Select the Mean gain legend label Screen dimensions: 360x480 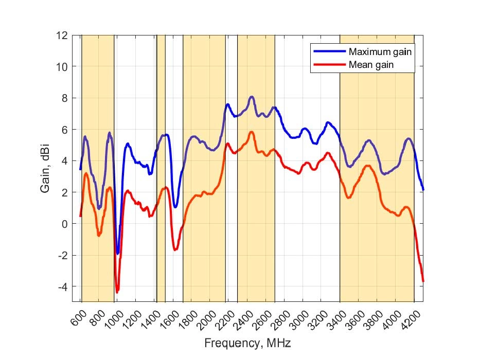click(374, 65)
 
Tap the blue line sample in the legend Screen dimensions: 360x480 click(328, 52)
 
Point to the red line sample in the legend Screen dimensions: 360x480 click(328, 65)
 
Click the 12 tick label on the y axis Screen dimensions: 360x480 click(63, 35)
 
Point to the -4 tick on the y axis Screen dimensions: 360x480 click(63, 286)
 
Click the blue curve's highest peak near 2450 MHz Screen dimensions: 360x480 click(252, 97)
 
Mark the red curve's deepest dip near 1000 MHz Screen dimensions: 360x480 click(117, 292)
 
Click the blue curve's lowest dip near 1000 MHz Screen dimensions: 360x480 click(117, 253)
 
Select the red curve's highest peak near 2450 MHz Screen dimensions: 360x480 click(252, 132)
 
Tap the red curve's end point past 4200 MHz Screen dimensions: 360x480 click(423, 281)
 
